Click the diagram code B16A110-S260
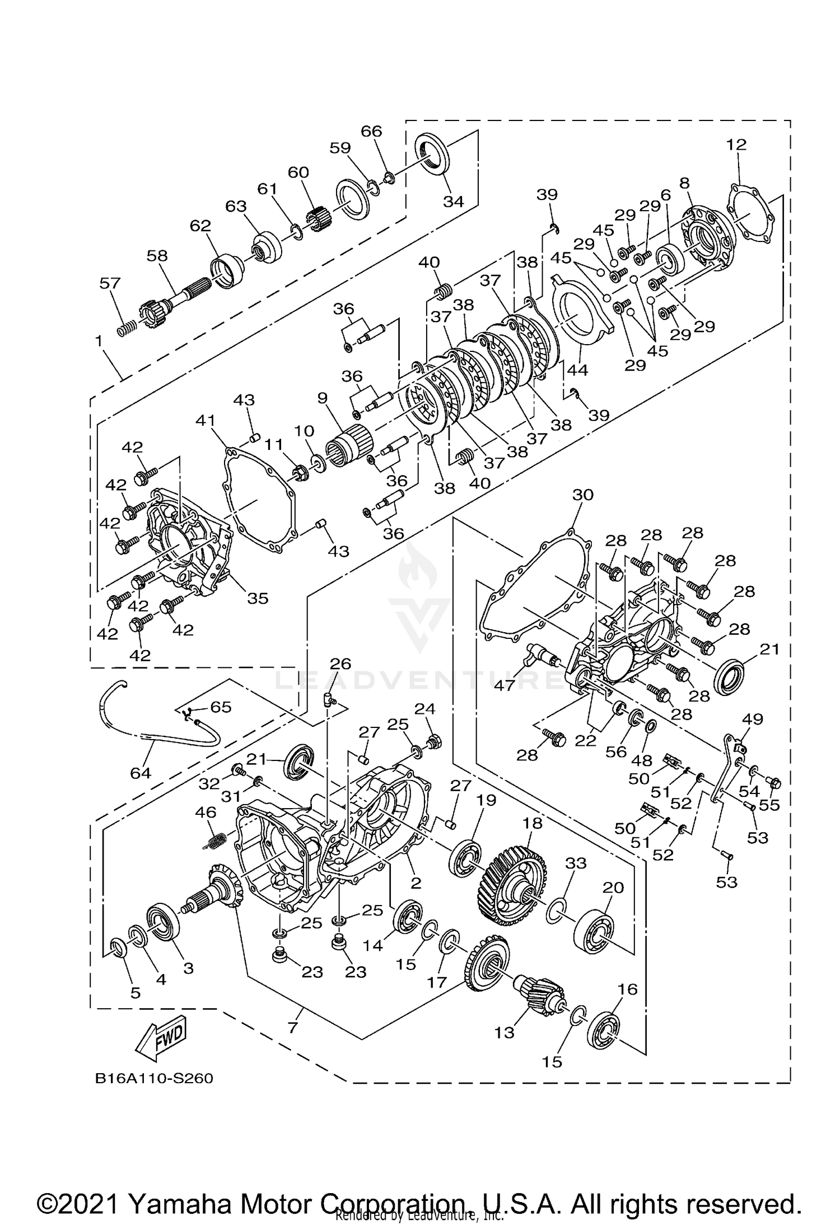point(154,1078)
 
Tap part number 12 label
point(737,145)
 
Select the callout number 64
point(141,773)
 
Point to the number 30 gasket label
point(583,495)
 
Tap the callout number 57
point(110,283)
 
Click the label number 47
point(504,685)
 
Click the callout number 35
point(258,598)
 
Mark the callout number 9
point(322,398)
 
